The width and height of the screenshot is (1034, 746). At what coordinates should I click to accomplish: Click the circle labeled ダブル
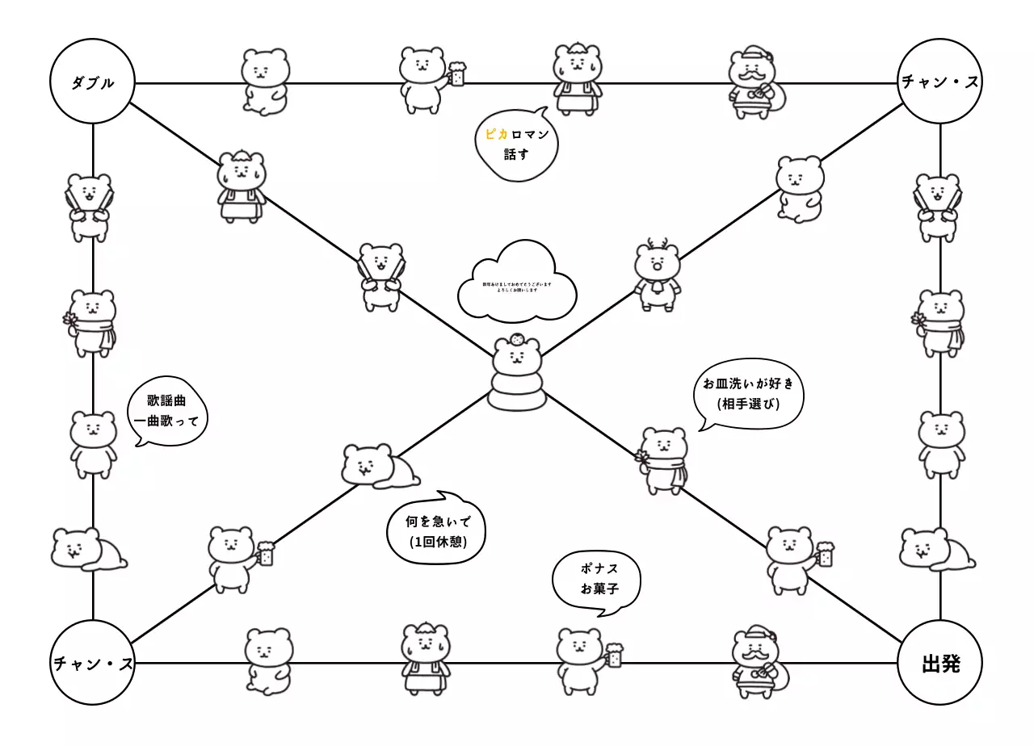(92, 82)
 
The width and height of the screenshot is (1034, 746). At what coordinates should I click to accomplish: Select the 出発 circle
(940, 664)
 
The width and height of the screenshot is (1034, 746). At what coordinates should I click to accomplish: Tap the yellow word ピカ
(495, 135)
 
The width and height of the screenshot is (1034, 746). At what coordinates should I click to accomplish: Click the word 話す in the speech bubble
(515, 153)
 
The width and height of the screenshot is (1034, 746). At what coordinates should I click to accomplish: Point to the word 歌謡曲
(166, 400)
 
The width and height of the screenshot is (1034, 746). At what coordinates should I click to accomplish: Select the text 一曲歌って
(166, 420)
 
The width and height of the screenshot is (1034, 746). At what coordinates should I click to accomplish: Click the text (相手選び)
(748, 403)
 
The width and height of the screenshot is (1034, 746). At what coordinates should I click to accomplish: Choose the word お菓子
(599, 589)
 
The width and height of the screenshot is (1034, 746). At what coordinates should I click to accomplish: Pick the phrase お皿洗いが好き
(748, 383)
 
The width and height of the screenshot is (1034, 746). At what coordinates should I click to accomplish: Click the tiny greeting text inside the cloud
(517, 287)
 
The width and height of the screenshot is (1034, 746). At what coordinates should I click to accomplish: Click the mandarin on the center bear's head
(517, 342)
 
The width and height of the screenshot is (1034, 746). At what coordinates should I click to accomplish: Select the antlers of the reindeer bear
(657, 244)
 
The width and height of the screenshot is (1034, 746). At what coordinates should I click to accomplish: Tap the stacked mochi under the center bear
(517, 391)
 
